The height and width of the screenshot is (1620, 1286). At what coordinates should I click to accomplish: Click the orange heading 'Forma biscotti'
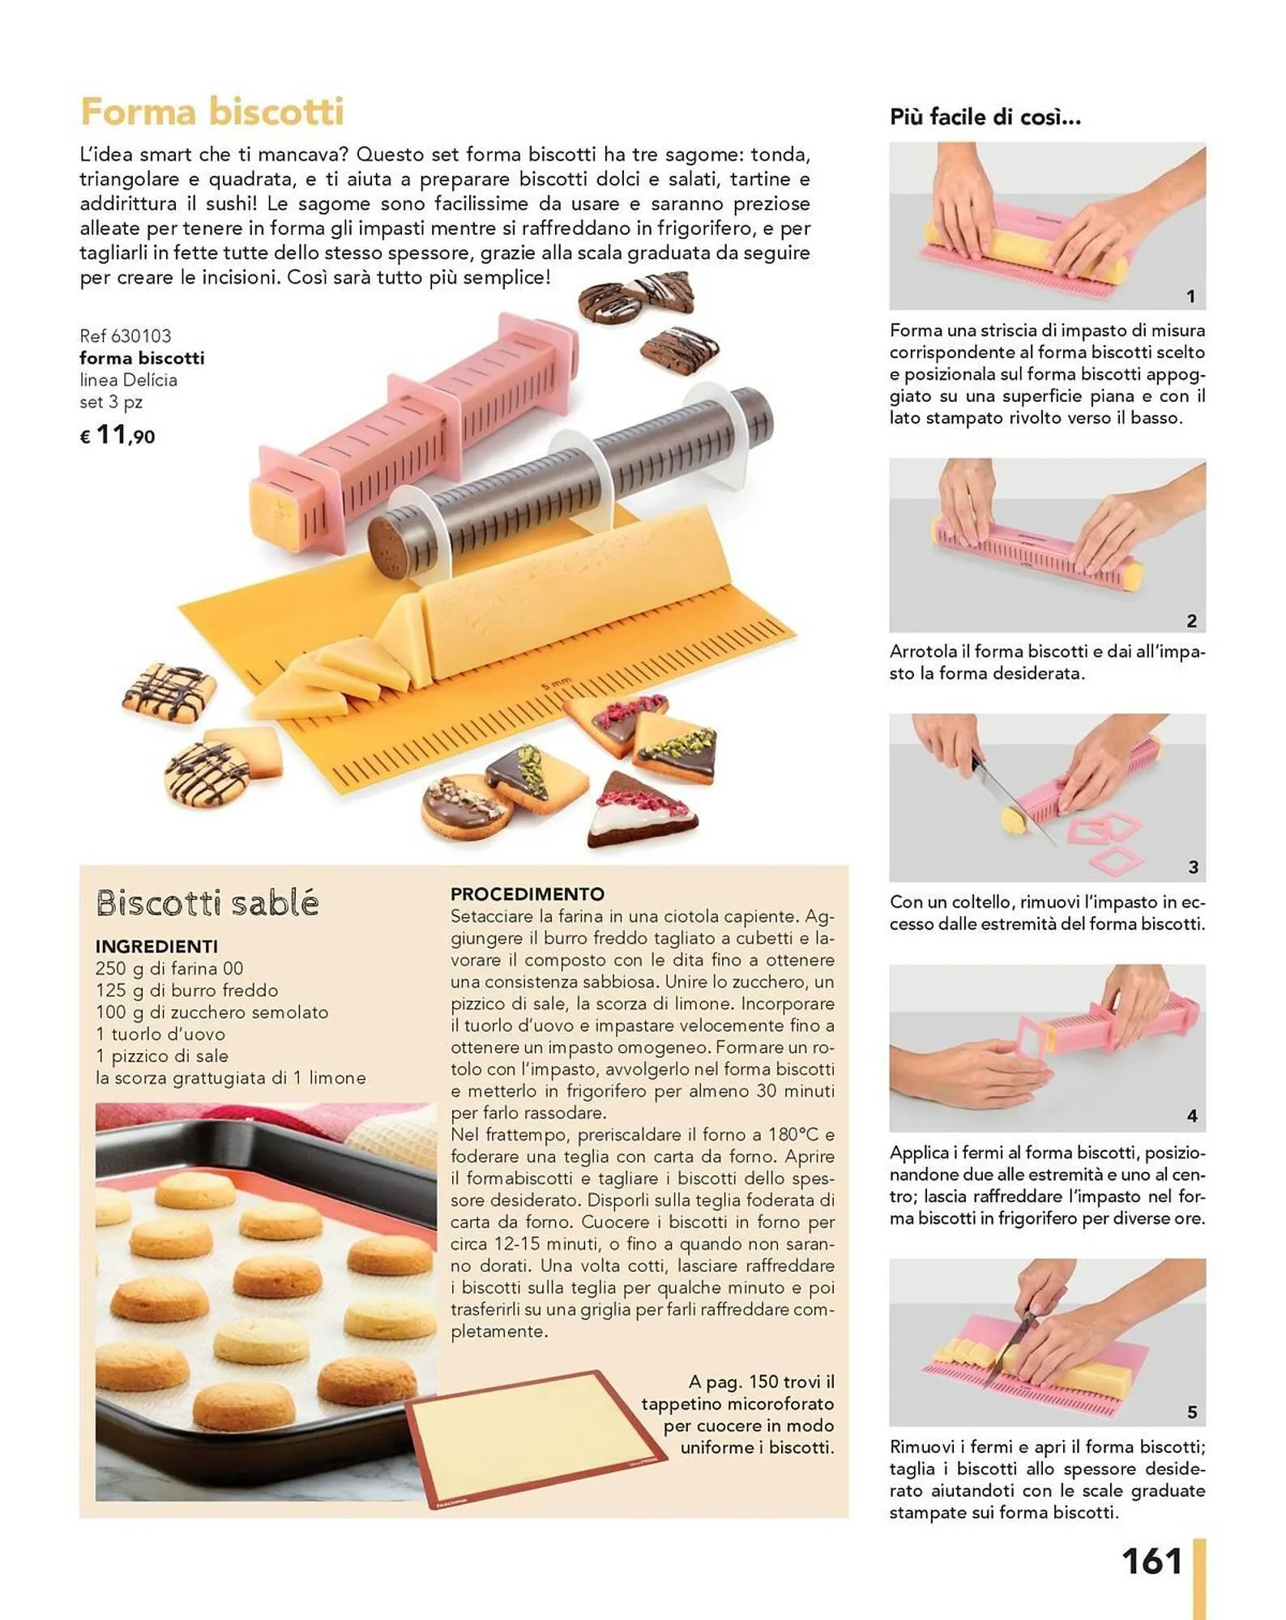212,112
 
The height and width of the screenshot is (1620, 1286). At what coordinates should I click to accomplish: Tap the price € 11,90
117,436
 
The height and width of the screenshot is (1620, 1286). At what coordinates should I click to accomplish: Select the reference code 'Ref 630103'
126,335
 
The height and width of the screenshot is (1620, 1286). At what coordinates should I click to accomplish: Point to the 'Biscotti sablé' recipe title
207,902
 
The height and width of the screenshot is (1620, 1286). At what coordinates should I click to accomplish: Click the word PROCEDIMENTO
528,893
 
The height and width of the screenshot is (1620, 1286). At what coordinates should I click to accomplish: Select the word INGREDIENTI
156,946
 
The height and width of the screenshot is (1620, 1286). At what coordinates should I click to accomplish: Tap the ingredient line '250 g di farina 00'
169,968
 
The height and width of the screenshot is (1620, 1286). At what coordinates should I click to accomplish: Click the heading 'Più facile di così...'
985,117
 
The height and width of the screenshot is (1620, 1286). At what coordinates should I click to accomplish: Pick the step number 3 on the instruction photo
1193,868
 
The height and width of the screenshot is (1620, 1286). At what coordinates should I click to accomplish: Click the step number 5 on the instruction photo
1192,1413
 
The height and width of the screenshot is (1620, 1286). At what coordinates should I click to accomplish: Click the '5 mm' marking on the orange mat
556,684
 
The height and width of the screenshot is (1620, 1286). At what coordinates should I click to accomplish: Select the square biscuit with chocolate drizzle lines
170,693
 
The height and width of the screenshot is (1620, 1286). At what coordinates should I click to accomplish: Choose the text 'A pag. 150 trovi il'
762,1382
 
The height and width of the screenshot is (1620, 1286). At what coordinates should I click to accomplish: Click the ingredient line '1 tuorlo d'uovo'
160,1034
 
